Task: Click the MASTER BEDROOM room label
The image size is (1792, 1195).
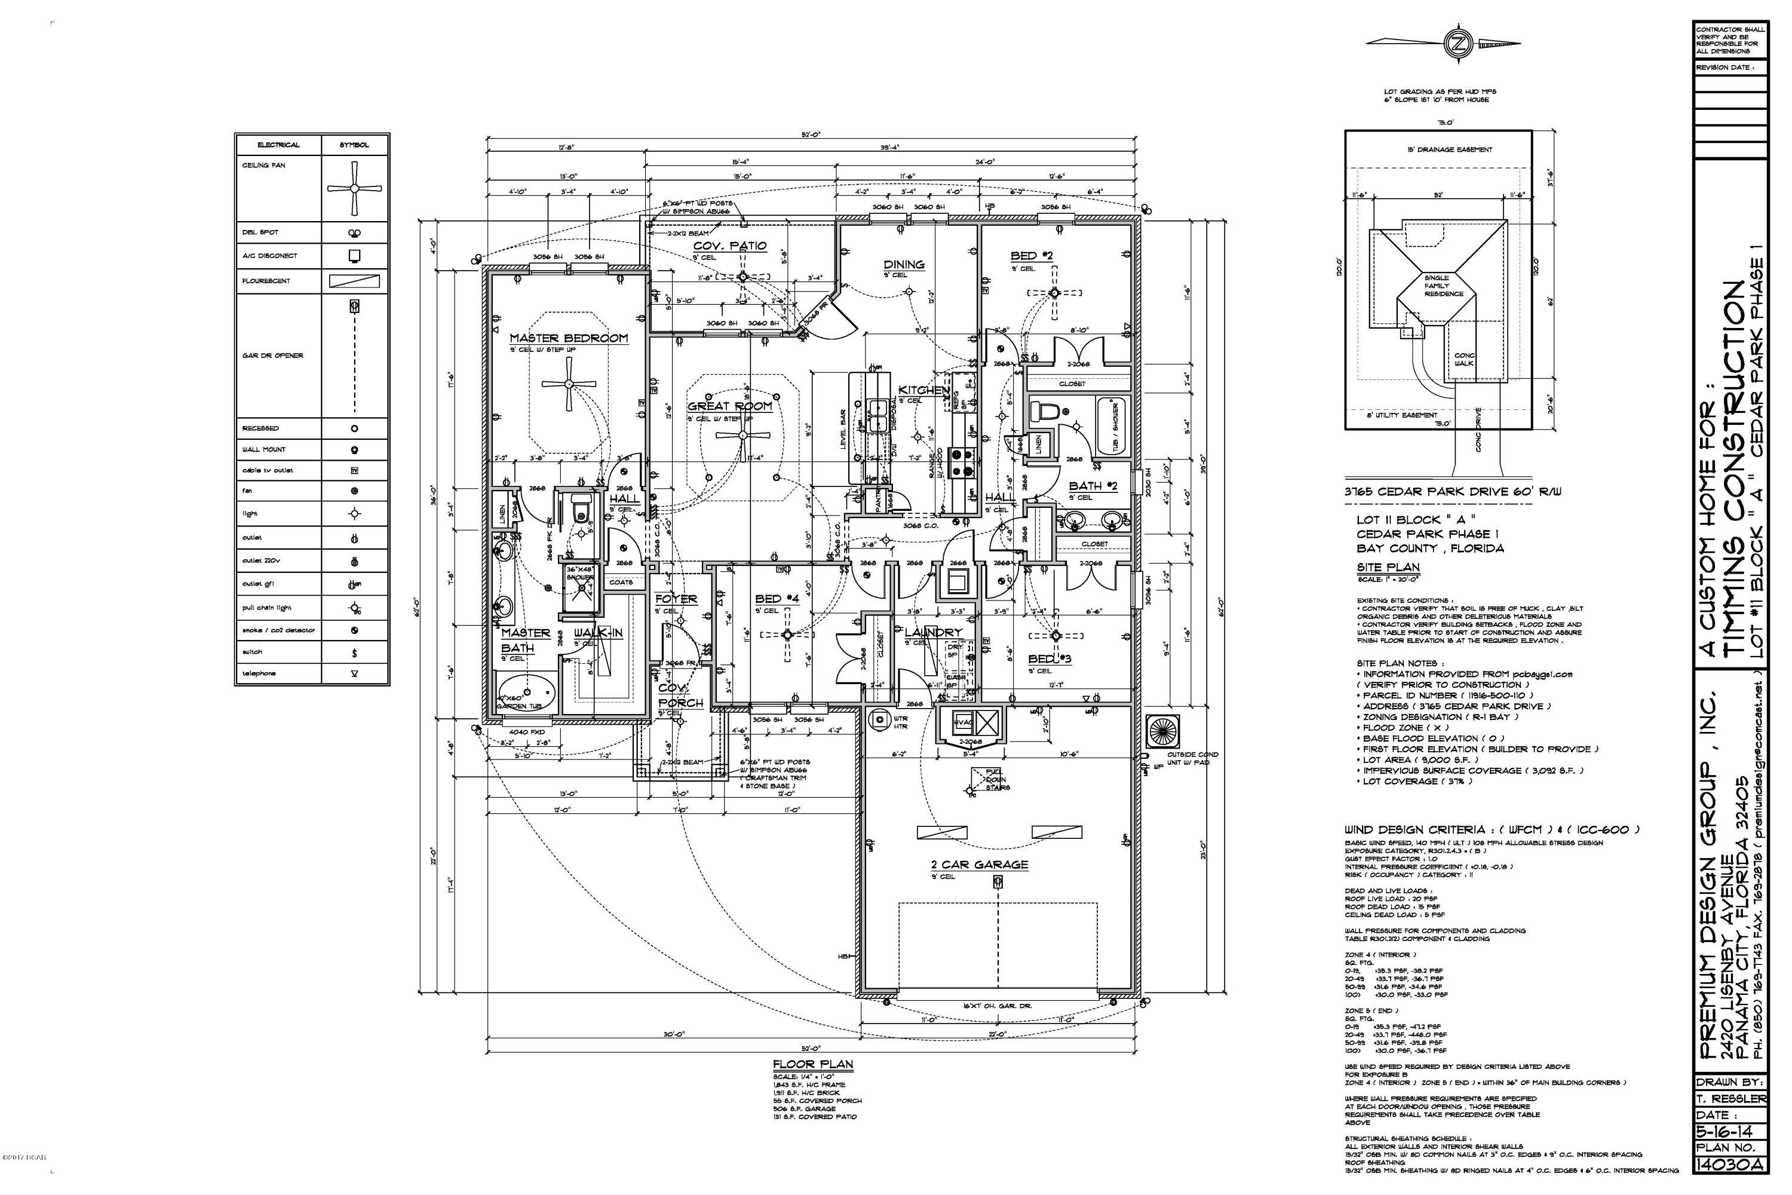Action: coord(569,338)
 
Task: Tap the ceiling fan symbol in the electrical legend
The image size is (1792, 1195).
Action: coord(354,188)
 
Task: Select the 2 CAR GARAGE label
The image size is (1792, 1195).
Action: coord(979,864)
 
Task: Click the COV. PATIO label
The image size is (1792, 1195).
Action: coord(729,246)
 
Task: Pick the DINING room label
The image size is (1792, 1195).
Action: coord(904,265)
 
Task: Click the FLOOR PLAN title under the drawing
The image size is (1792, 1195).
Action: coord(813,1065)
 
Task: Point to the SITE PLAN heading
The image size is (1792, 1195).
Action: coord(1388,567)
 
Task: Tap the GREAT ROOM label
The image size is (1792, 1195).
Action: coord(729,406)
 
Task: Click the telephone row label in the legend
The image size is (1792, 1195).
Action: coord(259,673)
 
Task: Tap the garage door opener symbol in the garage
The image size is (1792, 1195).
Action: coord(998,882)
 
